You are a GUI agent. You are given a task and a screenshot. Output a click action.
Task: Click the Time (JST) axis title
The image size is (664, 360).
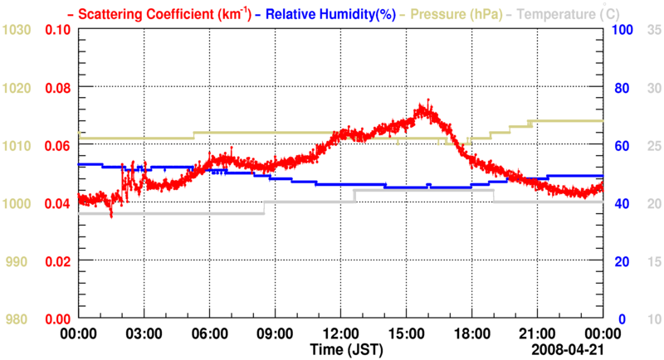(x=347, y=350)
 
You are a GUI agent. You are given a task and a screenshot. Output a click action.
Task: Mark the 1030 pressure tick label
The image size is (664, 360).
(x=17, y=30)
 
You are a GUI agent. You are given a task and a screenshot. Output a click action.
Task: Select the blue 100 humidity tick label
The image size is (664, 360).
(x=622, y=30)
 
